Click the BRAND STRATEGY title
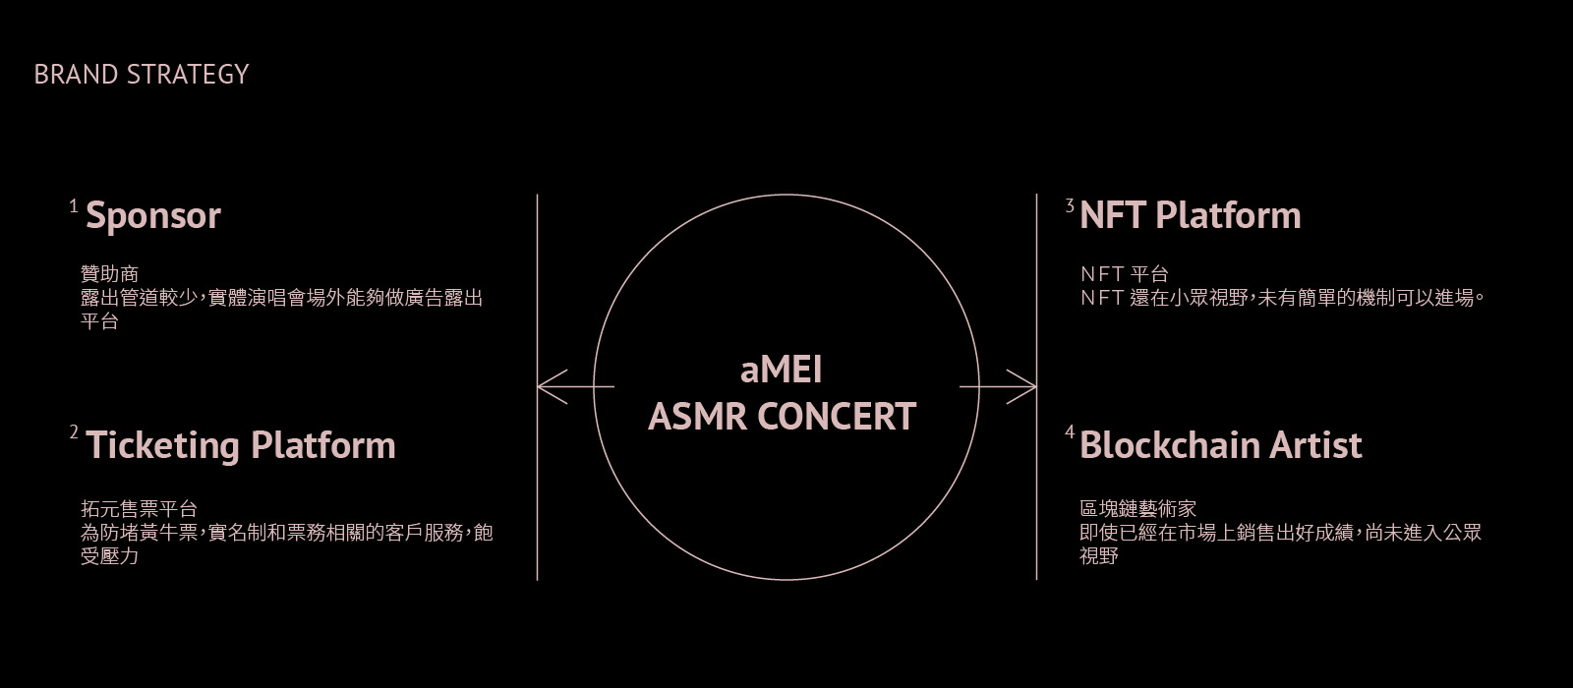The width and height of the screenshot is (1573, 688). coord(142,75)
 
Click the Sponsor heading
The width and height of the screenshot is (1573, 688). coord(153,215)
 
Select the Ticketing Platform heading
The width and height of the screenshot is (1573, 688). coord(241,445)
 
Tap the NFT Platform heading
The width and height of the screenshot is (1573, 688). coord(1190,215)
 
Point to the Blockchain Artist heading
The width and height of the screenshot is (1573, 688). coord(1220,445)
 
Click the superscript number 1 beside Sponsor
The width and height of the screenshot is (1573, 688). coord(73,206)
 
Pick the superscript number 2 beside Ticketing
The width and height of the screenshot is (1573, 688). coord(73,433)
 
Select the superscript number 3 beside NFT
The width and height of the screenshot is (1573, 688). coord(1070,206)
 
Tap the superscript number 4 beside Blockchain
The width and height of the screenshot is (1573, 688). coord(1070,433)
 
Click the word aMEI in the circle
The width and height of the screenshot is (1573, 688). coord(781,371)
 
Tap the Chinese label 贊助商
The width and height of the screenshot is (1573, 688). coord(109,274)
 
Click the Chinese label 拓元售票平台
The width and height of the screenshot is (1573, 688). coord(139,509)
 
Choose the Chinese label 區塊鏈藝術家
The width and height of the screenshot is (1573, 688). coord(1137,509)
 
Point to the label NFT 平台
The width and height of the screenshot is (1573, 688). coord(1124,274)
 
